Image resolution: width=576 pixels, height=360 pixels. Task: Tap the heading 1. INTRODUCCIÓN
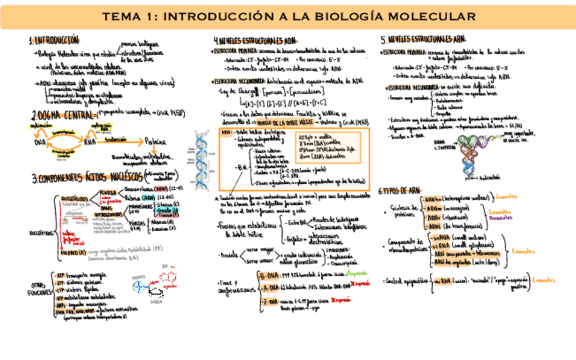point(54,40)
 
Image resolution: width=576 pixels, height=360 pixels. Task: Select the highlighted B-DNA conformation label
point(269,274)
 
